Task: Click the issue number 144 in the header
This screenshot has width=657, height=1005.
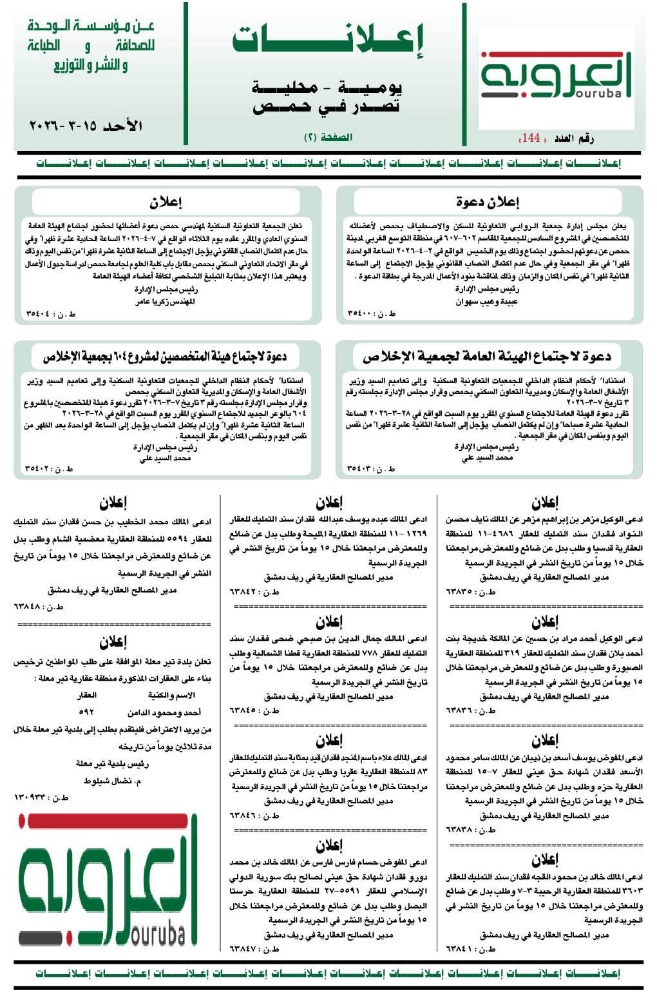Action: [x=531, y=137]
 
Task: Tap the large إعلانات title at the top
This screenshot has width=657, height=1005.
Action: [x=328, y=39]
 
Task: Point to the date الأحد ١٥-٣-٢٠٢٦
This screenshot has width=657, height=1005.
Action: [x=86, y=125]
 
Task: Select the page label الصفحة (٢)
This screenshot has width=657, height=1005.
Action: [x=328, y=137]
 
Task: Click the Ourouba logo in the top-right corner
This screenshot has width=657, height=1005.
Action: [x=556, y=75]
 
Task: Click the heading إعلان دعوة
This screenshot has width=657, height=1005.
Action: [x=487, y=202]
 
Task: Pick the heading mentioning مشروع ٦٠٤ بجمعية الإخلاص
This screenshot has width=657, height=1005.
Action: [x=165, y=356]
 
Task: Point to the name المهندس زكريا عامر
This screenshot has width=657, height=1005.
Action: [x=165, y=301]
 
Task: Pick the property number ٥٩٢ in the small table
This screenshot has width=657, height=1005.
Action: [x=86, y=712]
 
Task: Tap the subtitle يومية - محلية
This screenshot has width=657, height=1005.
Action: [x=328, y=87]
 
